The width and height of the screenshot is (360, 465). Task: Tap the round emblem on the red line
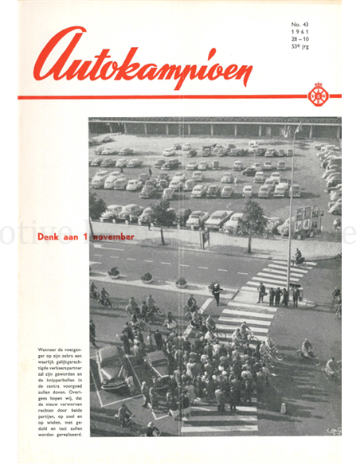coord(319,96)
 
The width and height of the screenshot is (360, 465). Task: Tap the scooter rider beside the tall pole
coord(299,256)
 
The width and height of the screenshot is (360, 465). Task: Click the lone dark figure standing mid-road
coord(215,292)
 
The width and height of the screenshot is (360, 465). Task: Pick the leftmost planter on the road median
coord(114,272)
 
